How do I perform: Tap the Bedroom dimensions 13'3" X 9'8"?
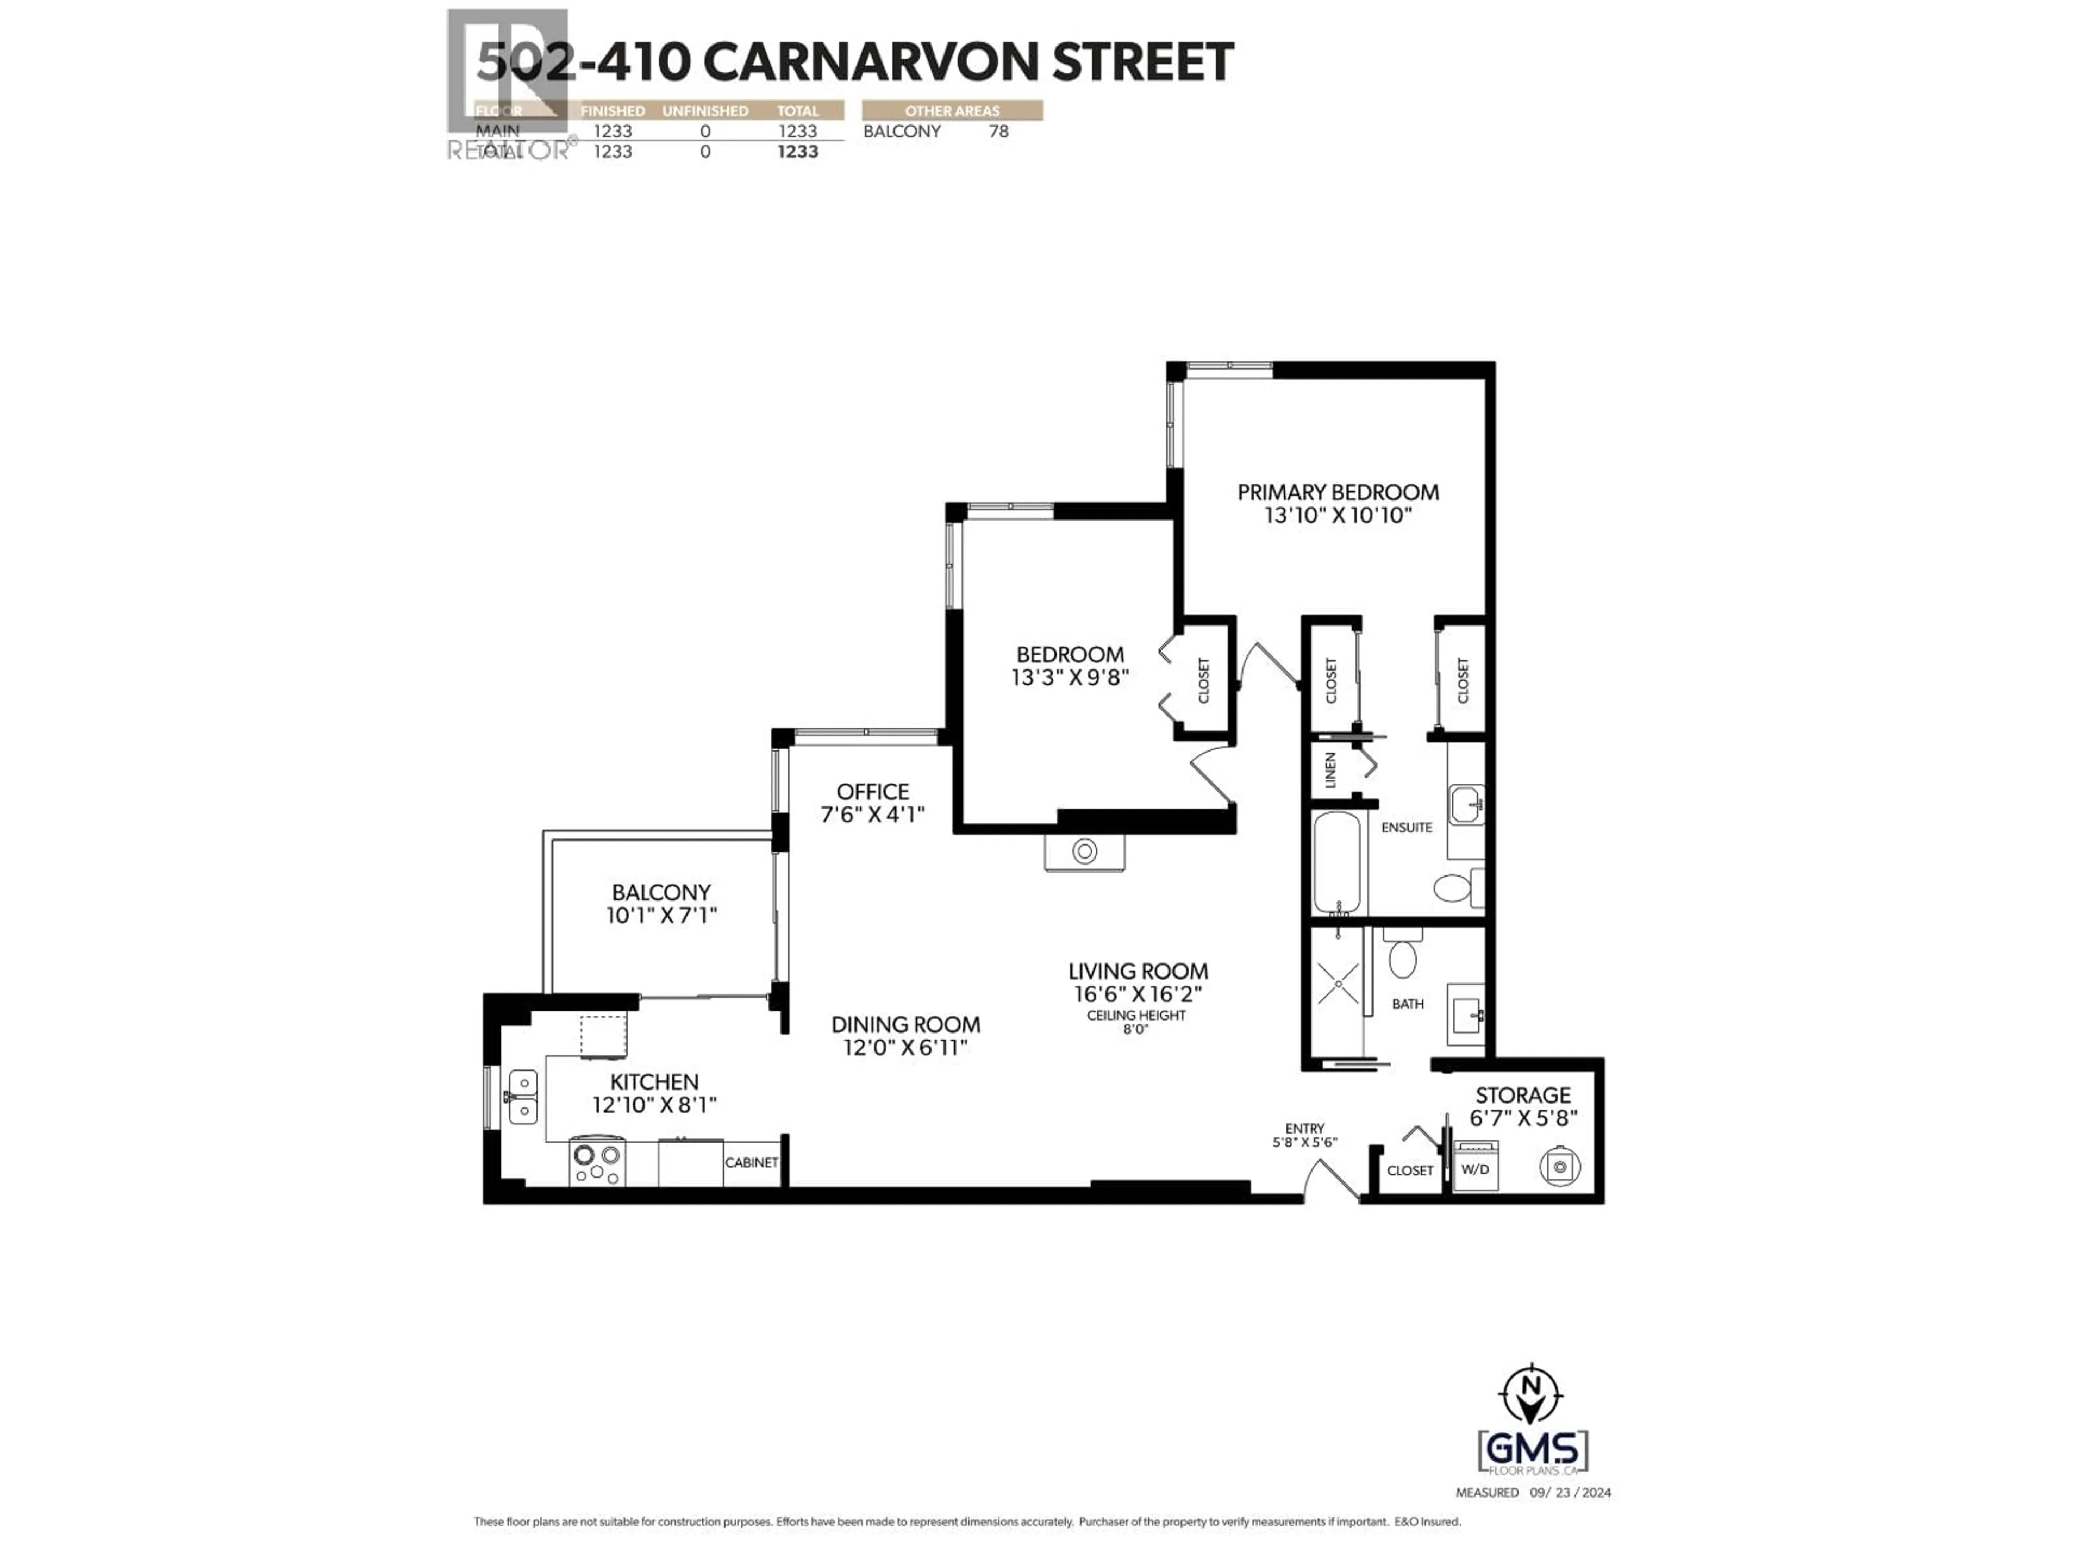click(1070, 677)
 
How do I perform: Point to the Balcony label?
click(660, 892)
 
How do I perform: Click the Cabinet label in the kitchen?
click(751, 1162)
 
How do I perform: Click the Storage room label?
click(1523, 1095)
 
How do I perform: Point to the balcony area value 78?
click(998, 131)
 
